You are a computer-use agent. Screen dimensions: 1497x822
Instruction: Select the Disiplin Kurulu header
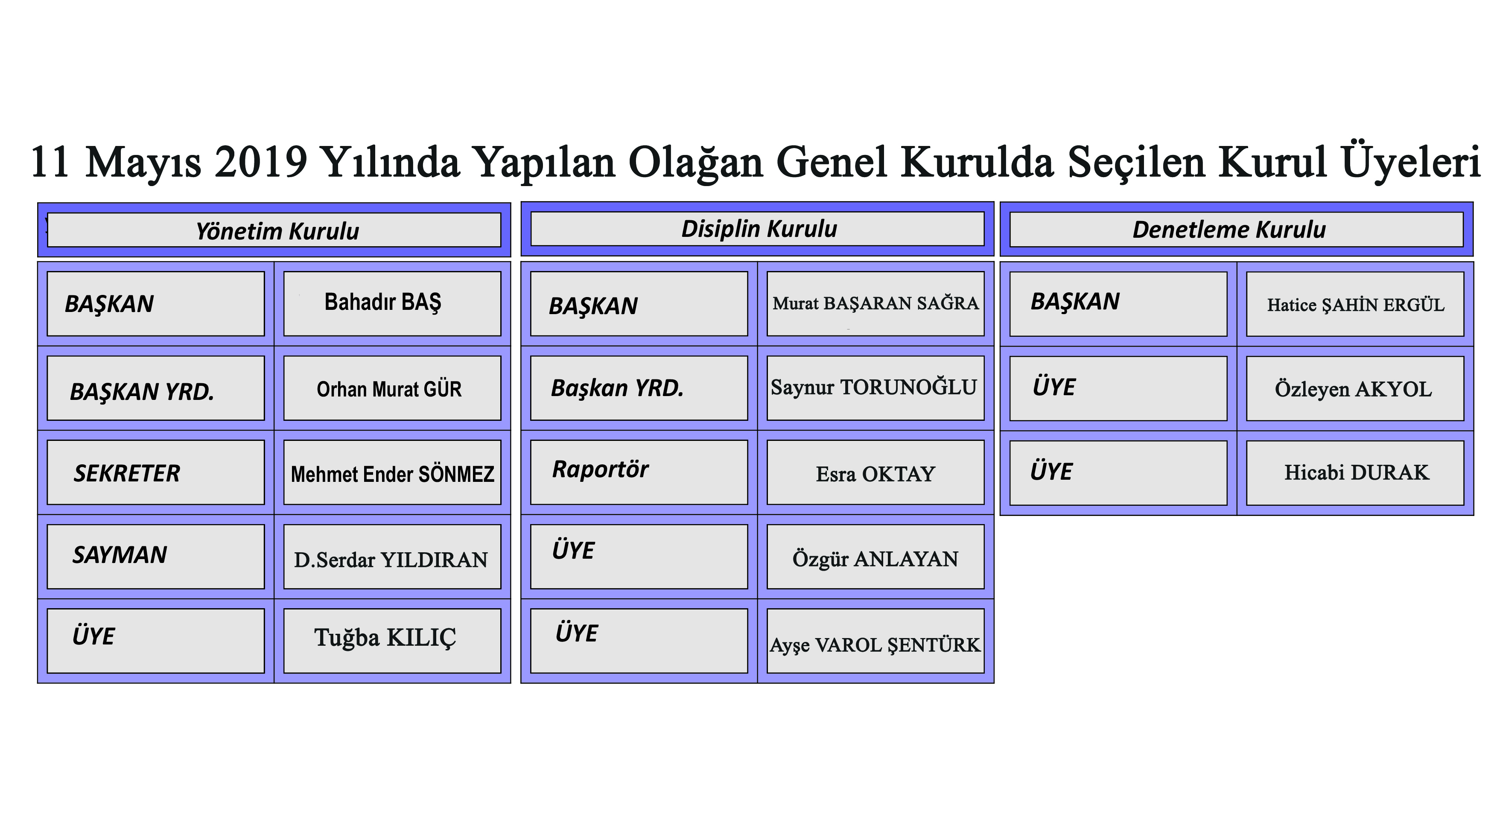pos(757,229)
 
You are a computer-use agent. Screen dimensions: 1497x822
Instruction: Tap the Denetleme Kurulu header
pos(1236,230)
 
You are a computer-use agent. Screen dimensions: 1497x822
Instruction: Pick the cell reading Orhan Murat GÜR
pos(392,388)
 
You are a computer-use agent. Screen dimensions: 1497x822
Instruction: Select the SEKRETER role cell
pos(156,472)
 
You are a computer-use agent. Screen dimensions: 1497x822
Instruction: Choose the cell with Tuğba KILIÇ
pos(392,641)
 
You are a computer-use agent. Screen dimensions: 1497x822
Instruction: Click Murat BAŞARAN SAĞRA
pos(875,303)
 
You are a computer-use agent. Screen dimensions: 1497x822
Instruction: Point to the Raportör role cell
pos(639,472)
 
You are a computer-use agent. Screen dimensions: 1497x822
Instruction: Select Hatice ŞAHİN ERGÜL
pos(1355,304)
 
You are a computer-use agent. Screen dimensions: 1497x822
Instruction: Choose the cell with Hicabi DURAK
pos(1355,473)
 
